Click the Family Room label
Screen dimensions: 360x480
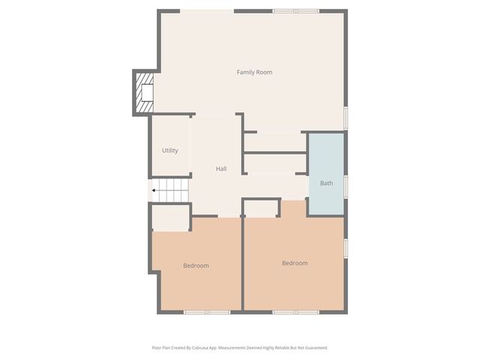[254, 72]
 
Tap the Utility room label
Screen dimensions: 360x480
[170, 151]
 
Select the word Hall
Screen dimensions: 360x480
[221, 169]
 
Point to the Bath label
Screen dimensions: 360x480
[326, 183]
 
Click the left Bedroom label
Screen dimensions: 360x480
[196, 265]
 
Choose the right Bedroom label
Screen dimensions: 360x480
[295, 263]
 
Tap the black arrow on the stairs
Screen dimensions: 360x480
[154, 190]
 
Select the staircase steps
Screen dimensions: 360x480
[171, 190]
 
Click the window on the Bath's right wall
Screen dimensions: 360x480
[346, 184]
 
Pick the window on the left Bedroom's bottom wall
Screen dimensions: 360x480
[207, 311]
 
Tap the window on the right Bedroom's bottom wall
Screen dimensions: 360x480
[295, 311]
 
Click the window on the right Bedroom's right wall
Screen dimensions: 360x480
[346, 248]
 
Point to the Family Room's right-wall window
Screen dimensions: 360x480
[346, 118]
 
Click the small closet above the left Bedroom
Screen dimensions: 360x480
[170, 217]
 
